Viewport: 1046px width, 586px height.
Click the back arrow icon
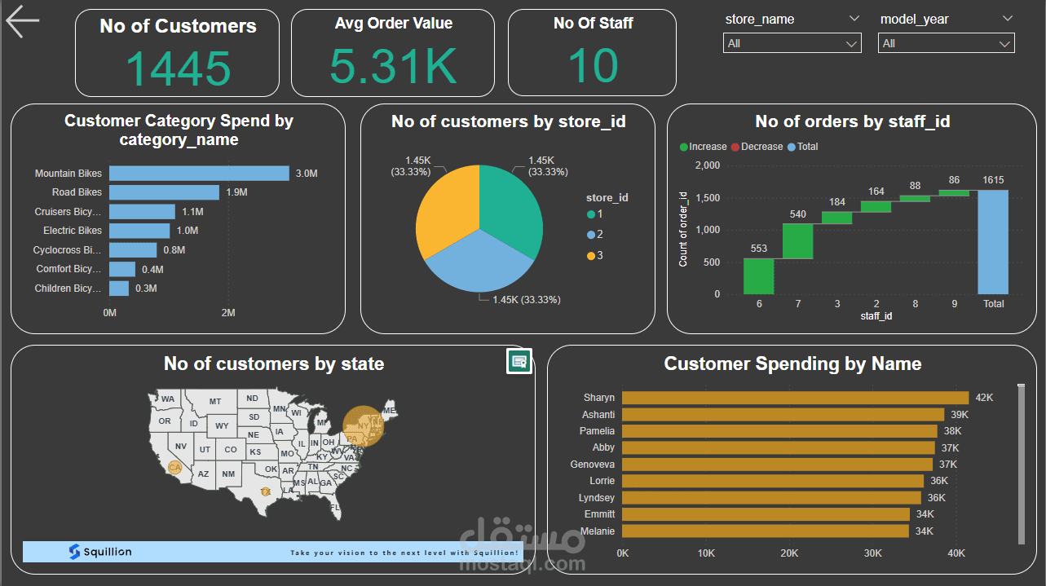(x=22, y=22)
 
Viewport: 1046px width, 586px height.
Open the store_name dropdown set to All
(x=792, y=43)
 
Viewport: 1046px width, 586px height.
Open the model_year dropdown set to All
(x=946, y=43)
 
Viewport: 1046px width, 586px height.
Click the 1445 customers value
(x=178, y=67)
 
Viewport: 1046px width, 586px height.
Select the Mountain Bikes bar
(x=199, y=174)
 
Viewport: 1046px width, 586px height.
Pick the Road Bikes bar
(x=164, y=192)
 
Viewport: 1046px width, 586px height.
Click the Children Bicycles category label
(x=68, y=289)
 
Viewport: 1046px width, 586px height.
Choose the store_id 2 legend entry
(x=595, y=235)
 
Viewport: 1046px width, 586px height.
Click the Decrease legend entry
(x=757, y=147)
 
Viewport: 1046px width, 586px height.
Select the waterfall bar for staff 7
(x=798, y=241)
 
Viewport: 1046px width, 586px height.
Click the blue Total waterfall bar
(x=993, y=242)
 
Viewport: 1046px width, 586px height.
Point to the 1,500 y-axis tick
(x=708, y=198)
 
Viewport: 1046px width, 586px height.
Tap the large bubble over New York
(x=364, y=426)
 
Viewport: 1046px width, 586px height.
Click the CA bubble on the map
(x=174, y=467)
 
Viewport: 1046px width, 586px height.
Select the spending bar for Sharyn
(x=795, y=398)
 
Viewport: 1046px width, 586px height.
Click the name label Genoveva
(x=593, y=465)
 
